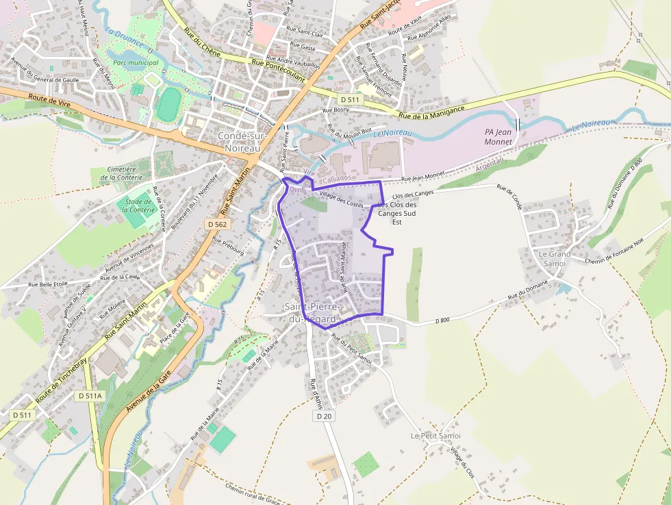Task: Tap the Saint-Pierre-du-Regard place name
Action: [312, 313]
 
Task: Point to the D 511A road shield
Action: [90, 395]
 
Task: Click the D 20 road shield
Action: [325, 416]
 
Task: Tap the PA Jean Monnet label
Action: [498, 137]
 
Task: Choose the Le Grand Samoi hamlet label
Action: [555, 258]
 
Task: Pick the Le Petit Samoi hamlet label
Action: [435, 436]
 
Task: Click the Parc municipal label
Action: [136, 62]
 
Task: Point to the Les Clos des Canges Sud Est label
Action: [398, 213]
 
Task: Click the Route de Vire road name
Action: [50, 100]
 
